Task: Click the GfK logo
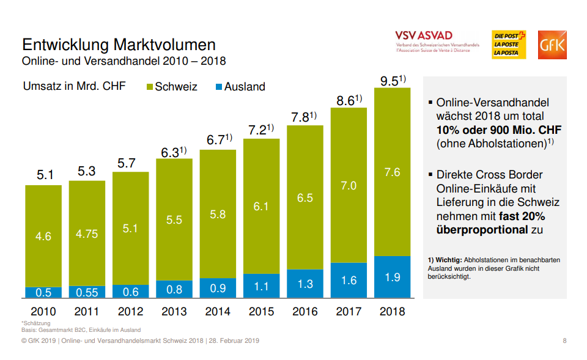click(552, 45)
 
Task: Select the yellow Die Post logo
click(509, 45)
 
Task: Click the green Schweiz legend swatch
click(150, 87)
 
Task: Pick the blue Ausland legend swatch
click(219, 87)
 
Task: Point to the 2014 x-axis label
click(218, 312)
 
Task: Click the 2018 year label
click(392, 312)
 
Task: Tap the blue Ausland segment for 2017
click(349, 281)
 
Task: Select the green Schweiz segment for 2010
click(43, 236)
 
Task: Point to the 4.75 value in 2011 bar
click(86, 234)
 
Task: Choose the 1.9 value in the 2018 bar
click(392, 277)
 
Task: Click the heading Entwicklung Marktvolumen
click(119, 45)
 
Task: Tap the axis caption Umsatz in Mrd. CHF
click(74, 86)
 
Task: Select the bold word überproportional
click(482, 230)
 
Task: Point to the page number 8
click(564, 340)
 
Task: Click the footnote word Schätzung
click(37, 323)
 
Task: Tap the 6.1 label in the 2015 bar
click(261, 207)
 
